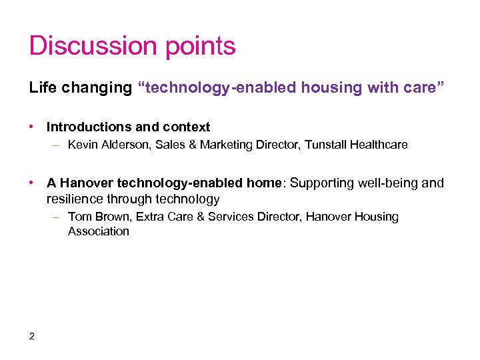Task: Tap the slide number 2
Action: (32, 335)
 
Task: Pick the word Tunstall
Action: (327, 145)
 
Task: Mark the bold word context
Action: (189, 127)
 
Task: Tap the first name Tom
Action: (79, 217)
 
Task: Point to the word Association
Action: (98, 231)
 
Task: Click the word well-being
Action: (385, 183)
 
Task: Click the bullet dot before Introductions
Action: (32, 127)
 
